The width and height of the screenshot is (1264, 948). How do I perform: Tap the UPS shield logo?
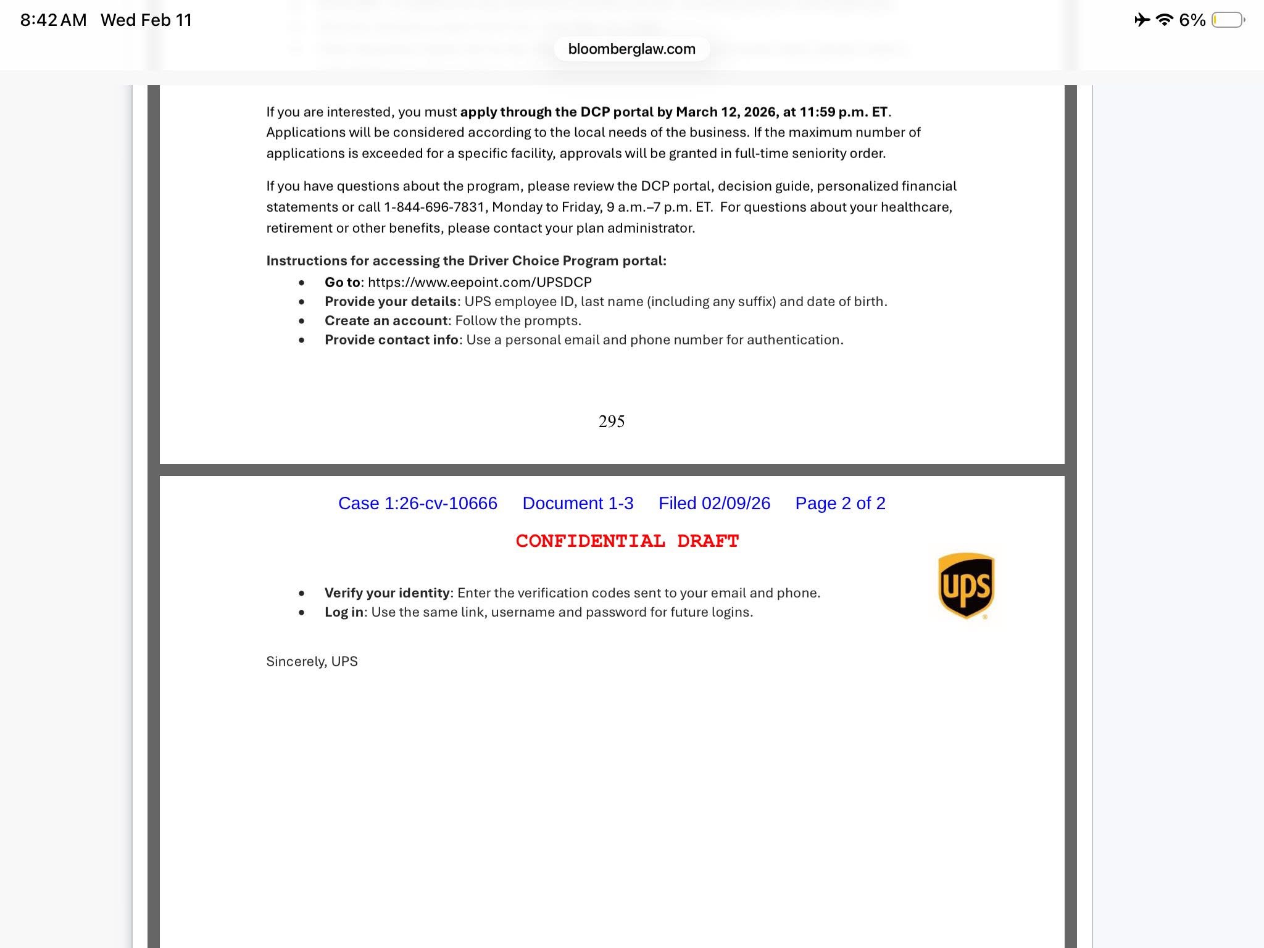pyautogui.click(x=966, y=585)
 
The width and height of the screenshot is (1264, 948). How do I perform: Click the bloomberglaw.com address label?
pyautogui.click(x=631, y=49)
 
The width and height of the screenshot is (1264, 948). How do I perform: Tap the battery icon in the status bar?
pyautogui.click(x=1228, y=20)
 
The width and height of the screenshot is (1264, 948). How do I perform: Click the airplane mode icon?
pyautogui.click(x=1141, y=20)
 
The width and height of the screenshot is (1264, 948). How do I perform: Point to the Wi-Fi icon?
pyautogui.click(x=1164, y=20)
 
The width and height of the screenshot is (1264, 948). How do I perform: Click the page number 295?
pyautogui.click(x=611, y=422)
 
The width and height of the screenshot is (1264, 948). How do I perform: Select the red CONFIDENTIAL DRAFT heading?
pyautogui.click(x=627, y=541)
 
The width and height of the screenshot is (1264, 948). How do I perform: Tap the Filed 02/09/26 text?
pyautogui.click(x=714, y=504)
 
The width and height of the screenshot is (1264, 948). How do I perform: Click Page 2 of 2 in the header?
pyautogui.click(x=840, y=504)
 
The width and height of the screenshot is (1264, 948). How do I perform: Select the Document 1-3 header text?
pyautogui.click(x=578, y=504)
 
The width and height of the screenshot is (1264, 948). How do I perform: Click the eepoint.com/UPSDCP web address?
pyautogui.click(x=480, y=283)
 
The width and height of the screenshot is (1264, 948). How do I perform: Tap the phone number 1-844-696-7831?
pyautogui.click(x=434, y=207)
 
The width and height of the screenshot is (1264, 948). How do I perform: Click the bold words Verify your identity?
pyautogui.click(x=387, y=593)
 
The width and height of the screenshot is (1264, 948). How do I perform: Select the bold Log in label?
pyautogui.click(x=344, y=612)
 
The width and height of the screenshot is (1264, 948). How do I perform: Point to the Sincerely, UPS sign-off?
pyautogui.click(x=312, y=662)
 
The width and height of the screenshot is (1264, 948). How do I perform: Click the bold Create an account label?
pyautogui.click(x=386, y=321)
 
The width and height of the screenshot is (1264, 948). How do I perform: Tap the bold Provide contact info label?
pyautogui.click(x=391, y=340)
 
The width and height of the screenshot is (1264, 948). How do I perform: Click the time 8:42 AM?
pyautogui.click(x=53, y=20)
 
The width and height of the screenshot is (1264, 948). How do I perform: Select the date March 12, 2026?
pyautogui.click(x=726, y=112)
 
